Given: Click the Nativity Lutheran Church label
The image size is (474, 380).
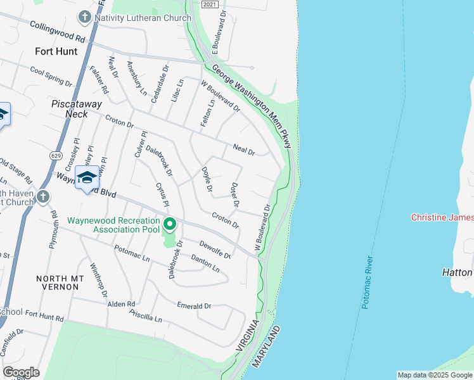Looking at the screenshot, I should coord(142,18).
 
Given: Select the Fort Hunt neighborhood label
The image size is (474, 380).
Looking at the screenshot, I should coord(56,51).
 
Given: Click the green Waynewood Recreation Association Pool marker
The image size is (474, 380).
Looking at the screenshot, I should coord(169,224).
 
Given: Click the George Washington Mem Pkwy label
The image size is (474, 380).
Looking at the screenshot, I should coord(252,106).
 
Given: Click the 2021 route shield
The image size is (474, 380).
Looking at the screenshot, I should coord(212,4).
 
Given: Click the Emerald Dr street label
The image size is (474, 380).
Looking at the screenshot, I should coord(194,306).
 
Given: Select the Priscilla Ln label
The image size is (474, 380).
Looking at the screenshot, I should coord(145,316).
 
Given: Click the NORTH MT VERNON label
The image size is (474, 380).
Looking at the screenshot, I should coord(57,282).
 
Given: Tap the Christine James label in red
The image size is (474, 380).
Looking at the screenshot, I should coord(442,217).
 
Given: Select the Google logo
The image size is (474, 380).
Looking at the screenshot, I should coord(21,372).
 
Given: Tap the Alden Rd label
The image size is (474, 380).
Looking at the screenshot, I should coord(122,303).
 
